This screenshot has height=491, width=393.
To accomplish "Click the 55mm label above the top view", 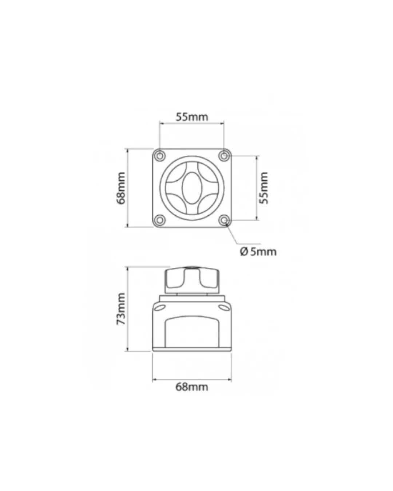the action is [192, 117].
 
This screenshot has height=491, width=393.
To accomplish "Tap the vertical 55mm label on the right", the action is [264, 188].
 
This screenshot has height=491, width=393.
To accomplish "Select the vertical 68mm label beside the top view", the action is [121, 188].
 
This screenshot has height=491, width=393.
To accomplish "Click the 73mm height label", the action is [121, 309].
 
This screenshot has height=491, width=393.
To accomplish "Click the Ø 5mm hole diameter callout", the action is [258, 252].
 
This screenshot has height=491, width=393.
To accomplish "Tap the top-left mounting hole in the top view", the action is [160, 156].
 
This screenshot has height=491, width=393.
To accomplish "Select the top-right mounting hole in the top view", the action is [224, 156].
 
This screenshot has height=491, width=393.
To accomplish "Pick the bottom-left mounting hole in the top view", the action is [160, 220].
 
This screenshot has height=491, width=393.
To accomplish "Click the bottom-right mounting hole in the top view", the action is [224, 220].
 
